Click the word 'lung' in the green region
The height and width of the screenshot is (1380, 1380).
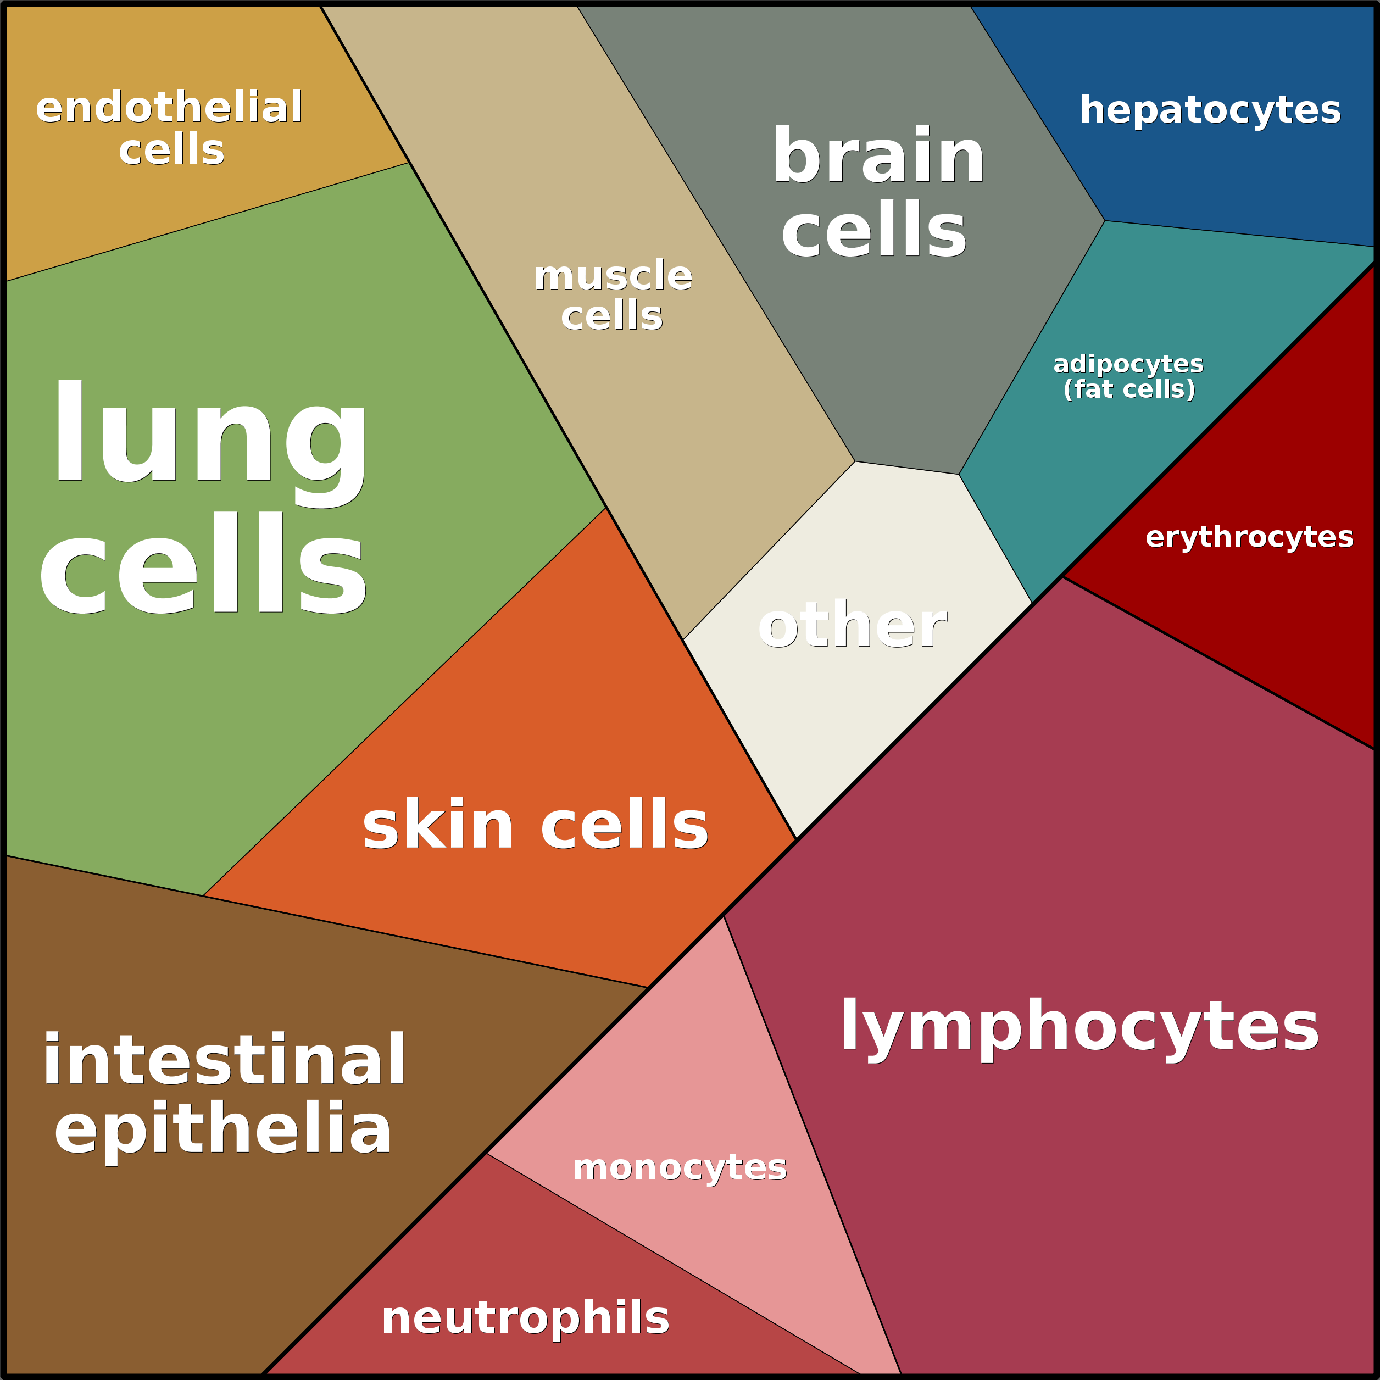[210, 443]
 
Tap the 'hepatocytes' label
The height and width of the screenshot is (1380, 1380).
[1210, 111]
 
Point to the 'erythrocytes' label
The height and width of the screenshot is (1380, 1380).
[1249, 537]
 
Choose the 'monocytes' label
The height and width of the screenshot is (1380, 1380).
[679, 1168]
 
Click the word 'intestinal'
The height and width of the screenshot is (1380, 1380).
[224, 1060]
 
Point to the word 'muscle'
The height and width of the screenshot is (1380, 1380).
[613, 275]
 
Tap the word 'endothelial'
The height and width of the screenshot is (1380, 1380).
[169, 107]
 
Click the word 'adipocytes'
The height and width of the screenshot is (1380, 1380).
[1128, 364]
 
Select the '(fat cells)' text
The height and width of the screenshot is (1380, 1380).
[1128, 389]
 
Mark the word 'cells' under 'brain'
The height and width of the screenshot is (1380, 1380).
[873, 229]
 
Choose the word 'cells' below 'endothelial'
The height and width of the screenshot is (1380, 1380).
[171, 150]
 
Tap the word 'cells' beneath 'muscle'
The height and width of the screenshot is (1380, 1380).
[611, 315]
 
